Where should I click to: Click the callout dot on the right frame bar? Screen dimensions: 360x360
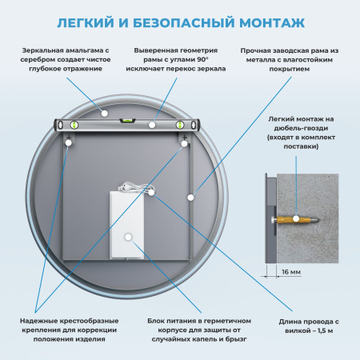[190, 195]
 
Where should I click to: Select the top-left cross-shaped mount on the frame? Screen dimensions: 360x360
[70, 142]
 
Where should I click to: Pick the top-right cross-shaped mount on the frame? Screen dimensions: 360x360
[185, 142]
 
